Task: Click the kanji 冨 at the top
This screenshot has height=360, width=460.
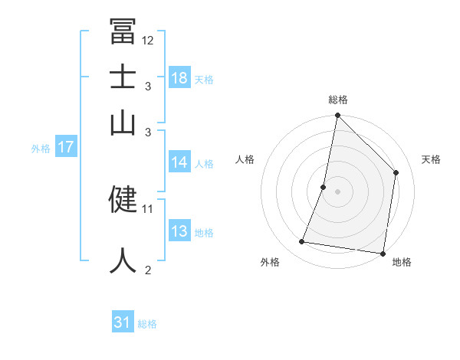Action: (x=123, y=32)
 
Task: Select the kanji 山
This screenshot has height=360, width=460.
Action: (x=123, y=123)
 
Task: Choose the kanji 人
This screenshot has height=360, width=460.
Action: (x=123, y=259)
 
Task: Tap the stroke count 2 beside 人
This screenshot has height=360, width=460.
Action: (x=148, y=270)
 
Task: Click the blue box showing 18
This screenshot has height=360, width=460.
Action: (x=179, y=77)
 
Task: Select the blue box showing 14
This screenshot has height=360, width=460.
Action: (x=179, y=162)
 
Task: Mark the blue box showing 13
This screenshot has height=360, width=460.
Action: (x=179, y=231)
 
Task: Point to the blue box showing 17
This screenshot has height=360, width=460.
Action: (x=66, y=148)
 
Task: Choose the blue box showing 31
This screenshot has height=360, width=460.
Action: (x=123, y=322)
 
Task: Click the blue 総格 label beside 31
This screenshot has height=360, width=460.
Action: (x=147, y=324)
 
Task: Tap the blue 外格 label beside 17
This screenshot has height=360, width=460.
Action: (x=41, y=149)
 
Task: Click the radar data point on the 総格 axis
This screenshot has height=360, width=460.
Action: (x=337, y=116)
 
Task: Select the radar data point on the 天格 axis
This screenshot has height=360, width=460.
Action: (x=396, y=172)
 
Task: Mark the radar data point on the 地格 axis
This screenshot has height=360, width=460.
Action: (x=383, y=253)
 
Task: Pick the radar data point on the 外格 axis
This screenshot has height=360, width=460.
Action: (x=302, y=242)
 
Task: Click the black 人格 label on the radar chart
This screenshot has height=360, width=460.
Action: (x=245, y=159)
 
